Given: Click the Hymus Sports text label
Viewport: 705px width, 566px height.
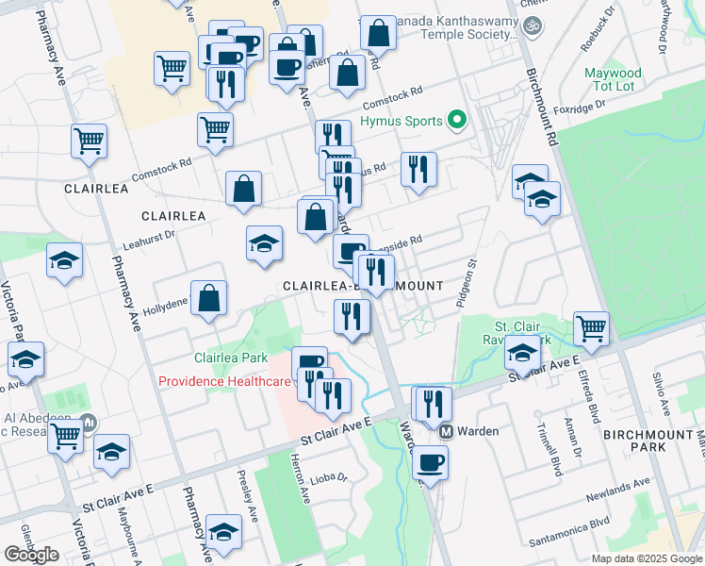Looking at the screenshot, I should (408, 120).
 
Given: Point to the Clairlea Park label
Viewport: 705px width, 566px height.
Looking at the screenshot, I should (231, 358).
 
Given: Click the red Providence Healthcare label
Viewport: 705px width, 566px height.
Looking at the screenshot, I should (225, 382).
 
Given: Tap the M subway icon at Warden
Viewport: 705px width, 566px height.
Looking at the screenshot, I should (449, 431).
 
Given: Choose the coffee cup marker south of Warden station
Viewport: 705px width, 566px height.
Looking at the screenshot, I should (431, 463).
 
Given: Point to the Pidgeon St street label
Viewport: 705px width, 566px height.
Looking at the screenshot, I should (463, 284).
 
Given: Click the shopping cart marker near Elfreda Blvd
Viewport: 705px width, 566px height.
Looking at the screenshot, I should (591, 327).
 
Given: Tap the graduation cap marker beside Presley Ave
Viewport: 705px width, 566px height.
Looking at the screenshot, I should (223, 533).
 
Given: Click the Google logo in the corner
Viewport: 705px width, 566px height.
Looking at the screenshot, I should (31, 555).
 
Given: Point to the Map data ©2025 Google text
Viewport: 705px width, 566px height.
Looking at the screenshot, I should (645, 558).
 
